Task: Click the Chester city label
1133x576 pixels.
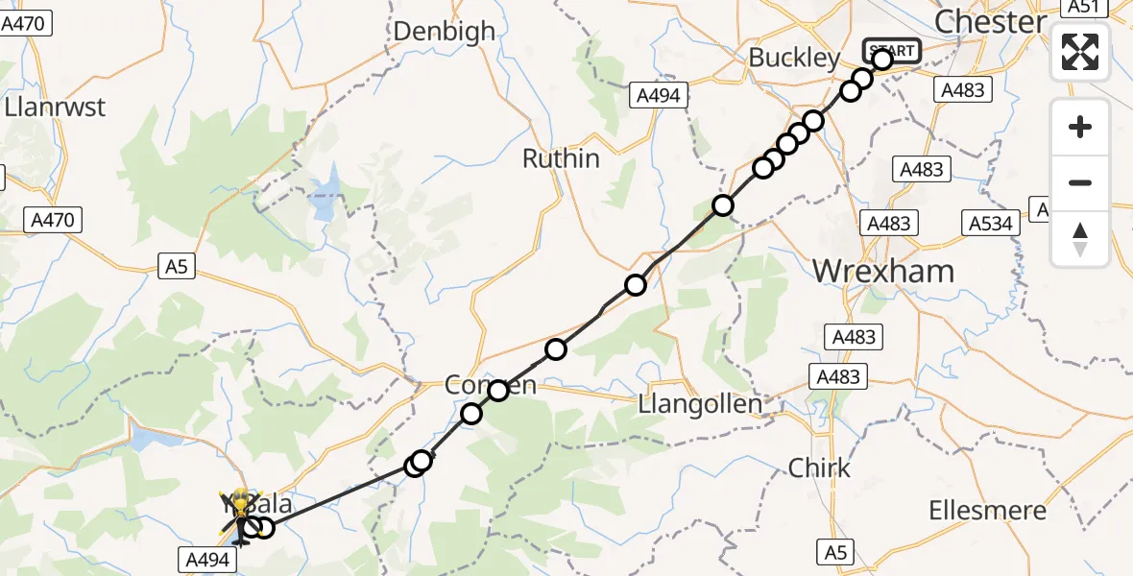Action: (x=990, y=22)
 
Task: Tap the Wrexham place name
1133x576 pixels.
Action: (x=883, y=271)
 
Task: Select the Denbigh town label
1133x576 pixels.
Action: (x=445, y=31)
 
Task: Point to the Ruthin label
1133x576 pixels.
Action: (x=561, y=158)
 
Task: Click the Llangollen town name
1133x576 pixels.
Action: (x=700, y=405)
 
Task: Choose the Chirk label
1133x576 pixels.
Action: (x=819, y=468)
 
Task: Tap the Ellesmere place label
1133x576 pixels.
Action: (x=987, y=511)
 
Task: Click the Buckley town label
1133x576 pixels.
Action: (x=794, y=58)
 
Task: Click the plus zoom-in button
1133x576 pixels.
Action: (x=1080, y=127)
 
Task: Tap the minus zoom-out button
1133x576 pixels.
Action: (x=1080, y=182)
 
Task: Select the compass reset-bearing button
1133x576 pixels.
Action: (x=1080, y=238)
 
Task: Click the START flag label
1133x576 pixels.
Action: (x=893, y=50)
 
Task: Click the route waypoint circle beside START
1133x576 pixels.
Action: (x=881, y=60)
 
